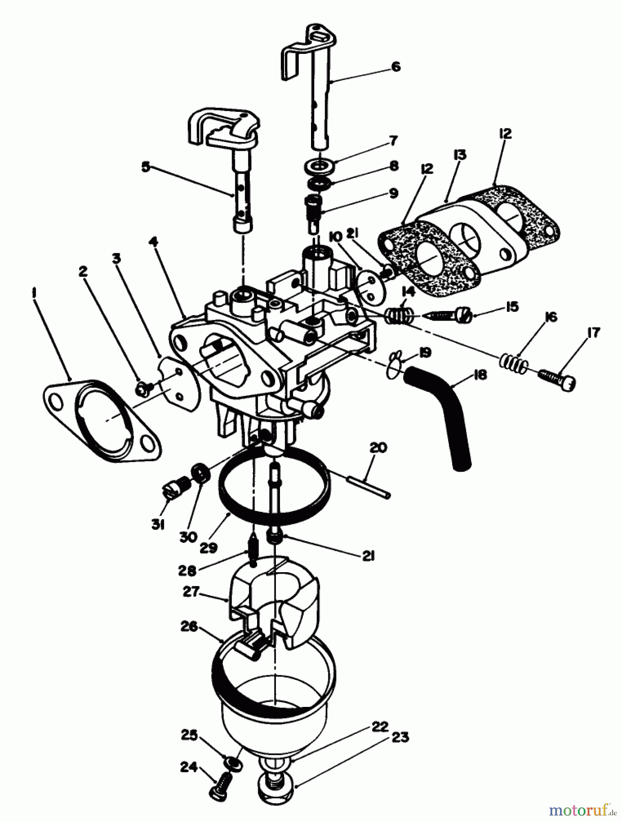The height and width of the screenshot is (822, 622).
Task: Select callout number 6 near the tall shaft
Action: coord(395,67)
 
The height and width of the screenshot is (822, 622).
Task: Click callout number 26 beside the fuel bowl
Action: coord(188,627)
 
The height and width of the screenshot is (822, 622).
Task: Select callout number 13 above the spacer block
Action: coord(460,155)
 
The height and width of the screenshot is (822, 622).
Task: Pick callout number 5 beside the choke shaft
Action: coord(145,167)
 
